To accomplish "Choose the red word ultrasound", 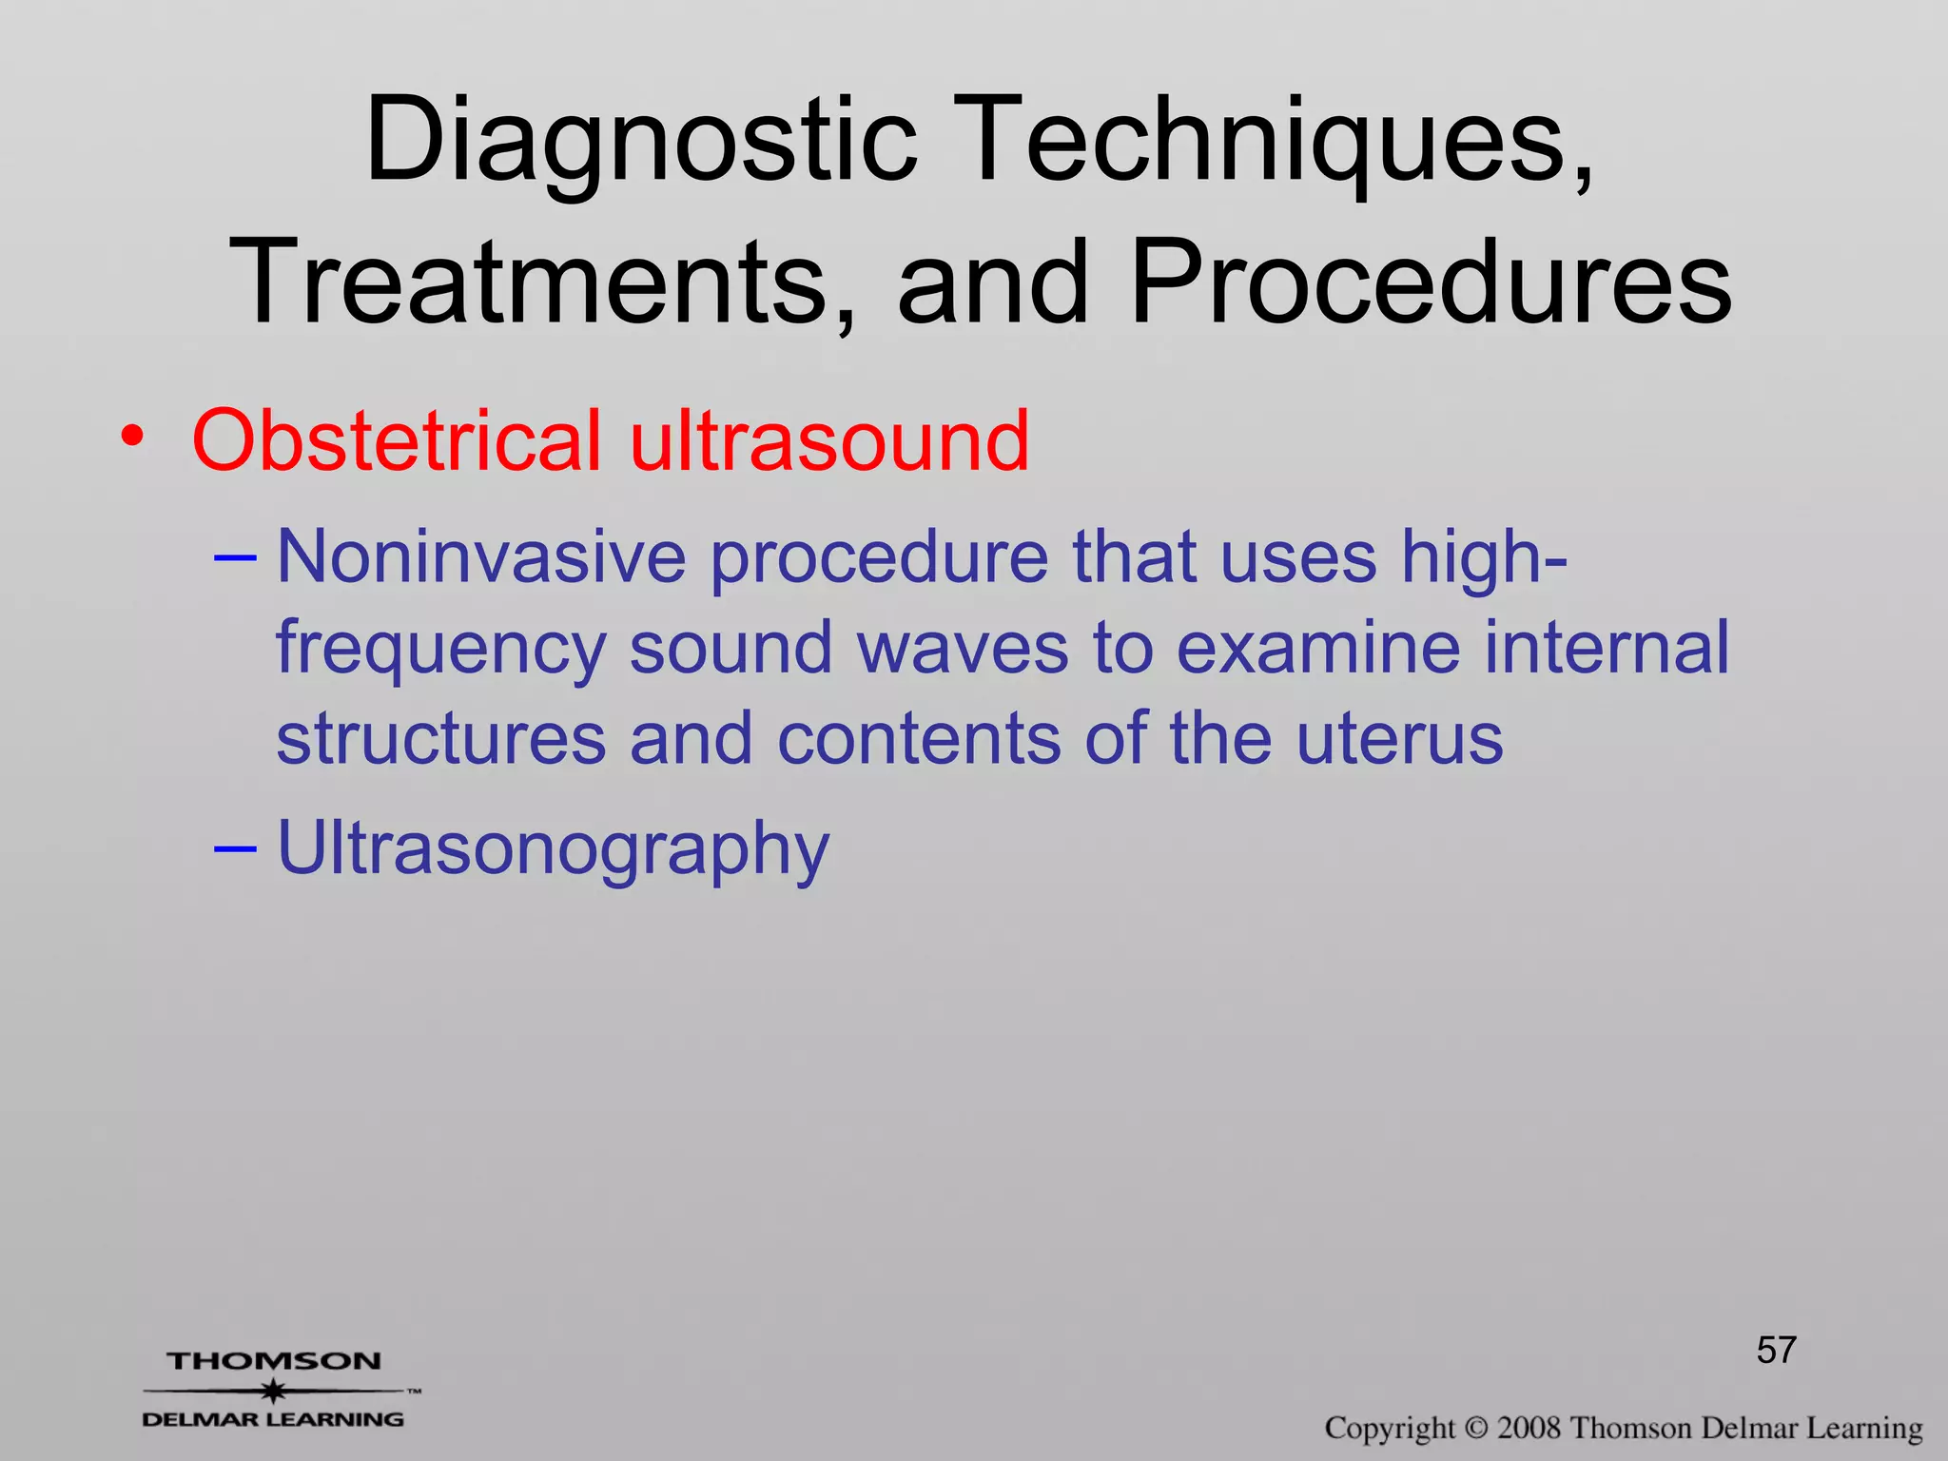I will (x=829, y=440).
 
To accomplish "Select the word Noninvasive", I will (x=480, y=556).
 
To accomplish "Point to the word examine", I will (x=1318, y=648).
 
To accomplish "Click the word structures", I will (x=440, y=739).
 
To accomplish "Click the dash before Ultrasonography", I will (x=235, y=846).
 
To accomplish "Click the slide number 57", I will (x=1776, y=1350).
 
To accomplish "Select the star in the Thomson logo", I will (x=274, y=1391).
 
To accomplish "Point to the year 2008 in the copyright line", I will (x=1528, y=1428).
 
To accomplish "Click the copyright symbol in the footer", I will (x=1475, y=1428).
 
